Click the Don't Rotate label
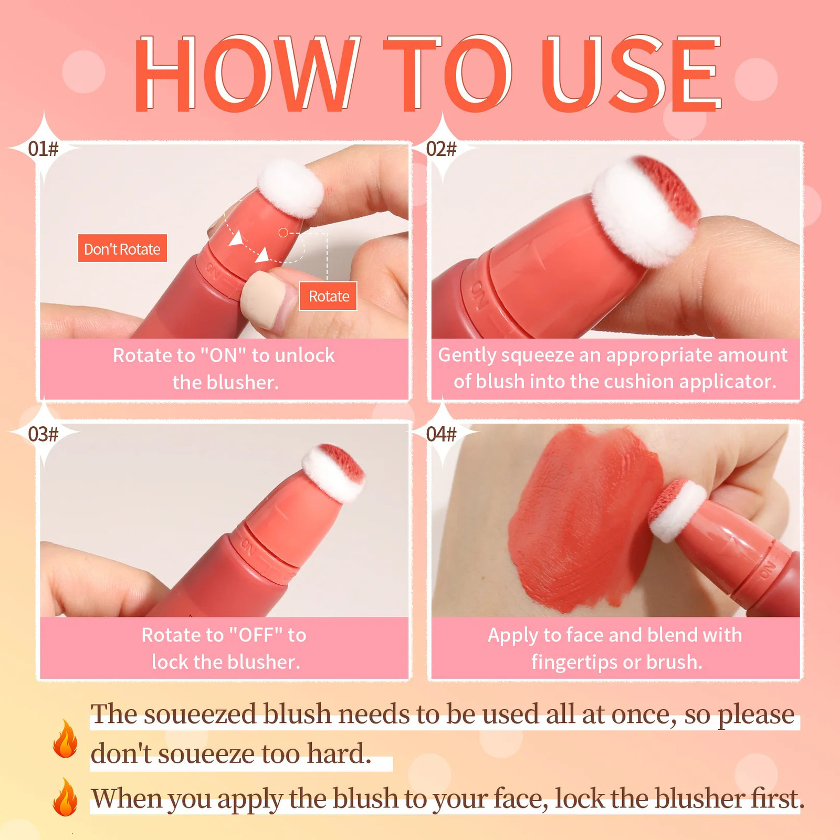point(122,248)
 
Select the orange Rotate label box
point(329,296)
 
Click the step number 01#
point(43,149)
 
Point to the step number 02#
point(441,149)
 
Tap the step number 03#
point(43,434)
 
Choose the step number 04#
point(441,434)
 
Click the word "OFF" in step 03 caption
point(257,635)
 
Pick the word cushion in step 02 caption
point(642,382)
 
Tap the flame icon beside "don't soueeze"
point(65,739)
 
